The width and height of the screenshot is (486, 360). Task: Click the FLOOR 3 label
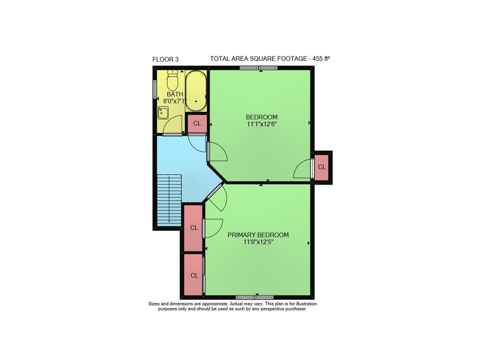[x=166, y=59]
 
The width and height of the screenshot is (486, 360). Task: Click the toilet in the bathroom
[x=172, y=80]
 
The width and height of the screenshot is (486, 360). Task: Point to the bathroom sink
[x=163, y=113]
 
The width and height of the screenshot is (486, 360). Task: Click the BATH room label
[x=175, y=94]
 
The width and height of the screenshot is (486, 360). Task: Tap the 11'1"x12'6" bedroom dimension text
[x=261, y=124]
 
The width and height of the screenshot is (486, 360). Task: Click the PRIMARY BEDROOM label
[x=258, y=235]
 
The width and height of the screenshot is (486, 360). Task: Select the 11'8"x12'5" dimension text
[x=258, y=242]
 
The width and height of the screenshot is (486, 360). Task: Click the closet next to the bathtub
[x=197, y=123]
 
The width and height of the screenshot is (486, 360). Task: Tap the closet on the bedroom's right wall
[x=322, y=167]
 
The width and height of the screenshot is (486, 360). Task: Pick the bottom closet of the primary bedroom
[x=194, y=275]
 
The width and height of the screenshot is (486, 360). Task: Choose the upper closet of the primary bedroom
[x=194, y=228]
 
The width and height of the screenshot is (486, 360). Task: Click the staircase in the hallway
[x=169, y=200]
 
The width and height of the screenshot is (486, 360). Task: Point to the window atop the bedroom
[x=259, y=68]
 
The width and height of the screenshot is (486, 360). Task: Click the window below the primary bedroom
[x=255, y=297]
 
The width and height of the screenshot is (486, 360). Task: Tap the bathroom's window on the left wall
[x=155, y=89]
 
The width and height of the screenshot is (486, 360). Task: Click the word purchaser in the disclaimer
[x=296, y=309]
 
